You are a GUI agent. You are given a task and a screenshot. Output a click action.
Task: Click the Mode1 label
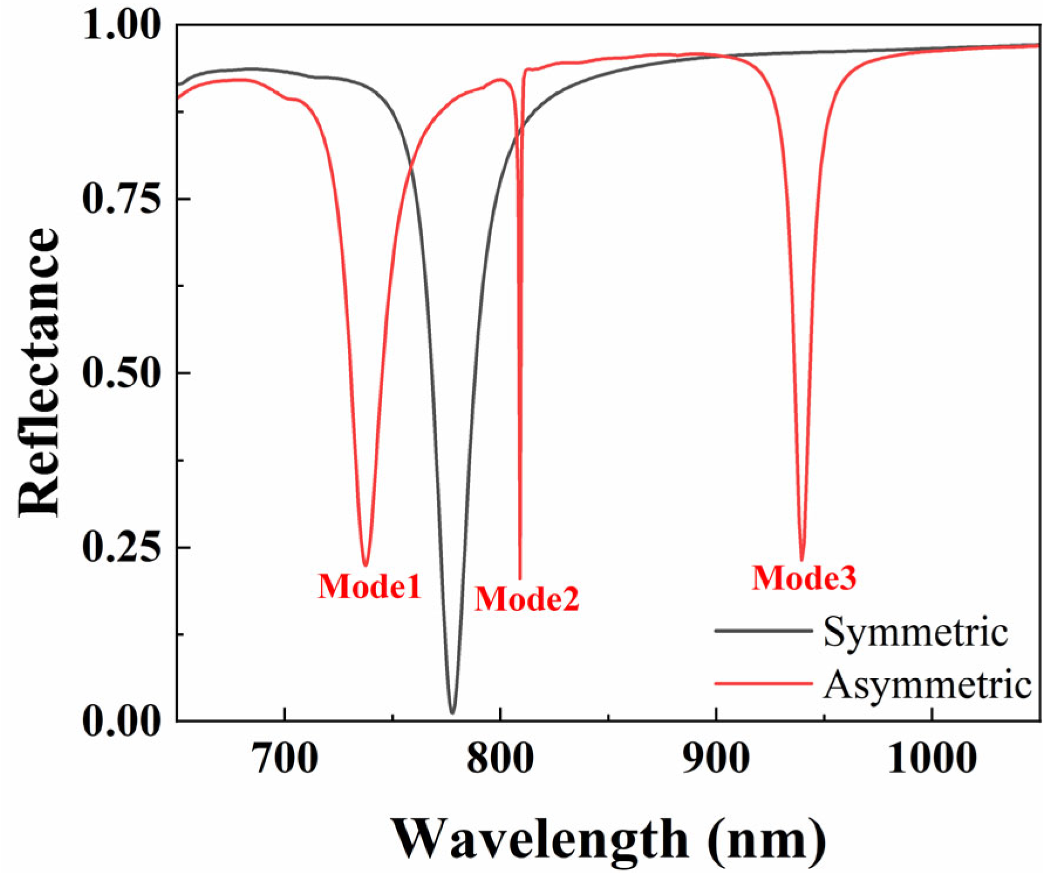coord(369,586)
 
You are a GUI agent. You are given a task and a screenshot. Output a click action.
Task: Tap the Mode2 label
coord(527,599)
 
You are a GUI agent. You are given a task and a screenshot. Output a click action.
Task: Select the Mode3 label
coord(804,578)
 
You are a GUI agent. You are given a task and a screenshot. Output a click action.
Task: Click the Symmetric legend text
coord(915,632)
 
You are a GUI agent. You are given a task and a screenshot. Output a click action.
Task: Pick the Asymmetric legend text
coord(927,684)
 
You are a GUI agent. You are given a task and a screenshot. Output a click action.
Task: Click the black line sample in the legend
coord(763,631)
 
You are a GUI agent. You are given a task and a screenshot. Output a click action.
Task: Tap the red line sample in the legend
coord(763,683)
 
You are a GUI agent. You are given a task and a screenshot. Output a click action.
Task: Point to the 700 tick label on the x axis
coord(284,759)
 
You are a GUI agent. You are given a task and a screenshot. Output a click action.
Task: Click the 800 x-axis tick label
coord(500,759)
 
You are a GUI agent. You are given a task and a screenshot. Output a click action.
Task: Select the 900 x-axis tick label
coord(715,759)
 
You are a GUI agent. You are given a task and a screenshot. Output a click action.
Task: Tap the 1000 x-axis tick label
coord(931,759)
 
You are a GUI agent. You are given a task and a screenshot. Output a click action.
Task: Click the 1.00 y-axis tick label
coord(121,26)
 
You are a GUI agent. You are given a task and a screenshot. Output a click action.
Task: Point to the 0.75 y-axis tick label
coord(121,199)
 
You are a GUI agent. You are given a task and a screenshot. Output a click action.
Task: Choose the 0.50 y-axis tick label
coord(121,373)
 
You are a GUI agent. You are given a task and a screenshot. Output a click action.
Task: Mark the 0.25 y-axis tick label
coord(121,547)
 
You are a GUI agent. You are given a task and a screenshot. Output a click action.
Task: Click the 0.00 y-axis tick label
coord(121,721)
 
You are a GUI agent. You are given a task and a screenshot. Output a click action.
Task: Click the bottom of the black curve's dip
coord(452,712)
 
